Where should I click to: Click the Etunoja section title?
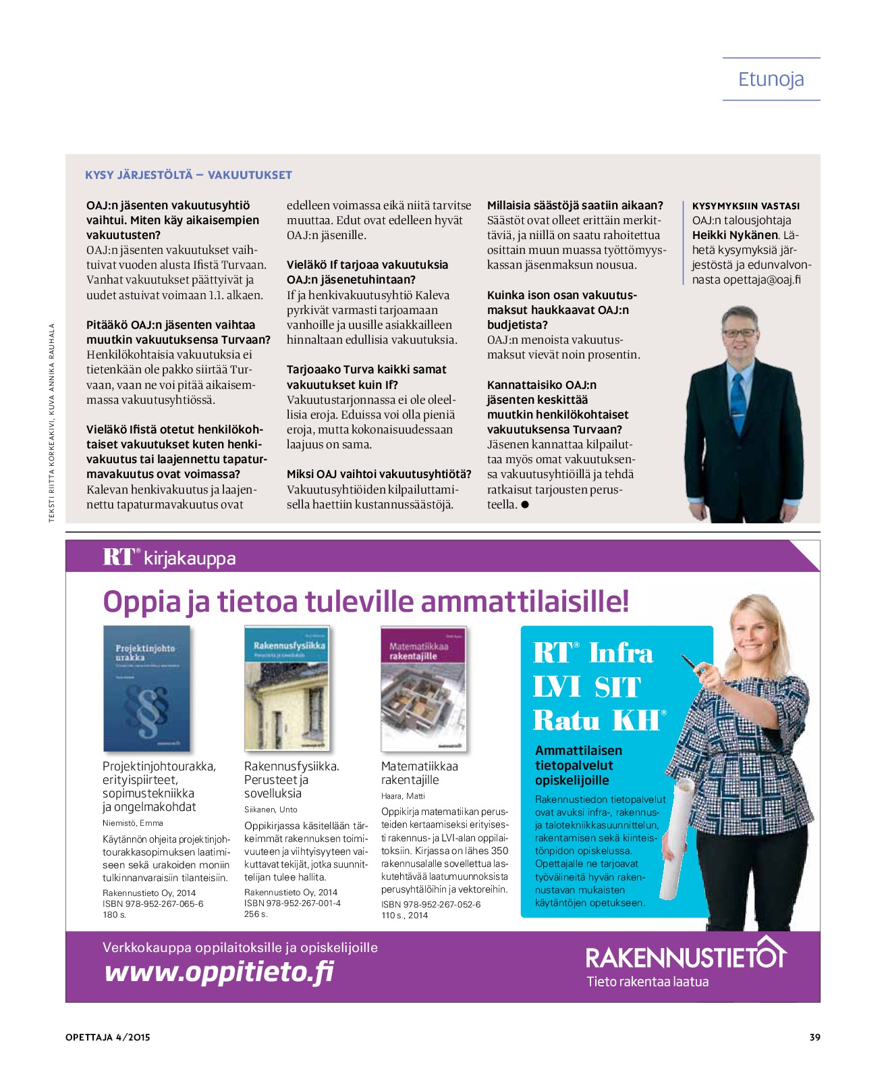[x=771, y=80]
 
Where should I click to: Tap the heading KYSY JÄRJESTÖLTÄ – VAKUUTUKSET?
[x=188, y=175]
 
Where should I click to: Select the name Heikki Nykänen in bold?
[x=735, y=235]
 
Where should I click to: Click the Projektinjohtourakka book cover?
[x=146, y=688]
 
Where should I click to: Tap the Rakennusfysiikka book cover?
[x=287, y=688]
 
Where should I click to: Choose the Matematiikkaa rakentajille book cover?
[x=423, y=688]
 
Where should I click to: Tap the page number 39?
[x=814, y=1037]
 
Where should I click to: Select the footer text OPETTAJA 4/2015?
[x=108, y=1037]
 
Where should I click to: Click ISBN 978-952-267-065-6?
[x=153, y=903]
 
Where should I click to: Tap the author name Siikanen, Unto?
[x=271, y=809]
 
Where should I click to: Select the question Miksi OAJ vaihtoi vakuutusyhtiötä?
[x=379, y=474]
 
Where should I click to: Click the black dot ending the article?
[x=525, y=504]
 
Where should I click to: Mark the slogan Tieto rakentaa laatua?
[x=647, y=981]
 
